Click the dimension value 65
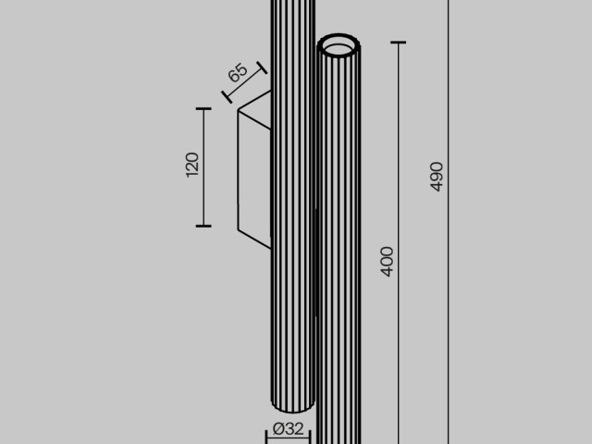237,73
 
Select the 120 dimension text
192,166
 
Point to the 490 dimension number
437,176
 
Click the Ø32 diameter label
289,429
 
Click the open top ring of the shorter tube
339,45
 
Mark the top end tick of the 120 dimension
203,108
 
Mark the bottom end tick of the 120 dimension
203,225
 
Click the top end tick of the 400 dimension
399,43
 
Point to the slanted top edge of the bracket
255,101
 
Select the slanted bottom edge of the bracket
254,239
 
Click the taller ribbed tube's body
291,277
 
